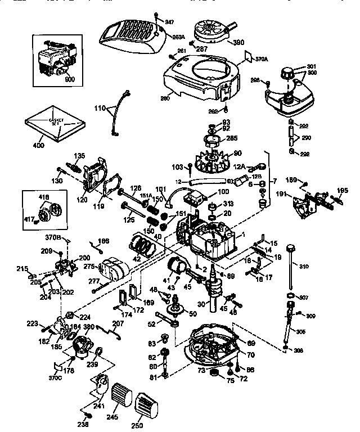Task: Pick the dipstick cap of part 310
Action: coord(291,247)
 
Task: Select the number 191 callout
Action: coord(282,194)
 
